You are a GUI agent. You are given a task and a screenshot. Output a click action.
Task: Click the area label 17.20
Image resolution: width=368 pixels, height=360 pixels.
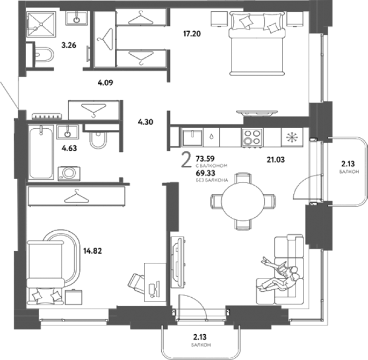(x=192, y=34)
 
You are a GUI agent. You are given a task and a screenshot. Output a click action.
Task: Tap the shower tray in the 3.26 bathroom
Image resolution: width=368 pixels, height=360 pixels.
(x=41, y=24)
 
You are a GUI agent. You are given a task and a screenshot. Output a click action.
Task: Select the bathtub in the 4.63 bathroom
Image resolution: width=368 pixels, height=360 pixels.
(x=41, y=152)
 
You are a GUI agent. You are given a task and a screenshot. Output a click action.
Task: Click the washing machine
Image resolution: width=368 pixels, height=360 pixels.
(x=69, y=173)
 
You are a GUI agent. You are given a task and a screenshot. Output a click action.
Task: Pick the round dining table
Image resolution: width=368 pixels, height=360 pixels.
(x=243, y=201)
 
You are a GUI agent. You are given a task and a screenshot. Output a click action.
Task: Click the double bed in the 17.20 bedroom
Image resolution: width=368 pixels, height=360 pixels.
(x=257, y=43)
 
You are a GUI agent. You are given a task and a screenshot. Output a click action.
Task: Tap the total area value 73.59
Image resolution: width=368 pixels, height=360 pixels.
(x=205, y=159)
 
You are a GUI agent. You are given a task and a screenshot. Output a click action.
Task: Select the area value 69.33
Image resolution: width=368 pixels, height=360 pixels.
(x=205, y=173)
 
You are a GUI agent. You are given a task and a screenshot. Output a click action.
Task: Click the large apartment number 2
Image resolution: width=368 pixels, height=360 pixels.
(x=186, y=159)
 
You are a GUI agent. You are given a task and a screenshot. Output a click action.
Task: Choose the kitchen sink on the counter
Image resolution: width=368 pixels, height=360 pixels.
(x=192, y=137)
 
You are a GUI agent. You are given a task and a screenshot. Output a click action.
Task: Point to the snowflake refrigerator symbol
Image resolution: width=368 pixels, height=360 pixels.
(x=292, y=137)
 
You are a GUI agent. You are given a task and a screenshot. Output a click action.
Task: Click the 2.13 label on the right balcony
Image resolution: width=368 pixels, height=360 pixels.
(x=348, y=164)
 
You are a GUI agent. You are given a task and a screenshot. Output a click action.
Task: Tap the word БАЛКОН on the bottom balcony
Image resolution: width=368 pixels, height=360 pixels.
(x=201, y=345)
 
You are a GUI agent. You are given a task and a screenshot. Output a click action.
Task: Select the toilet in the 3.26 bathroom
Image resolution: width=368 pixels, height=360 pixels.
(x=44, y=54)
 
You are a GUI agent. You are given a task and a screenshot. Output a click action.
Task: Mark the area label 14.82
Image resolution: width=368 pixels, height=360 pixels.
(x=92, y=251)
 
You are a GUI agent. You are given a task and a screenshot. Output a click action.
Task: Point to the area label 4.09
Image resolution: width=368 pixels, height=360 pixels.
(x=105, y=83)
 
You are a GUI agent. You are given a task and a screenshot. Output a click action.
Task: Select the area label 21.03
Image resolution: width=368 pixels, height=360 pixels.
(x=276, y=159)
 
